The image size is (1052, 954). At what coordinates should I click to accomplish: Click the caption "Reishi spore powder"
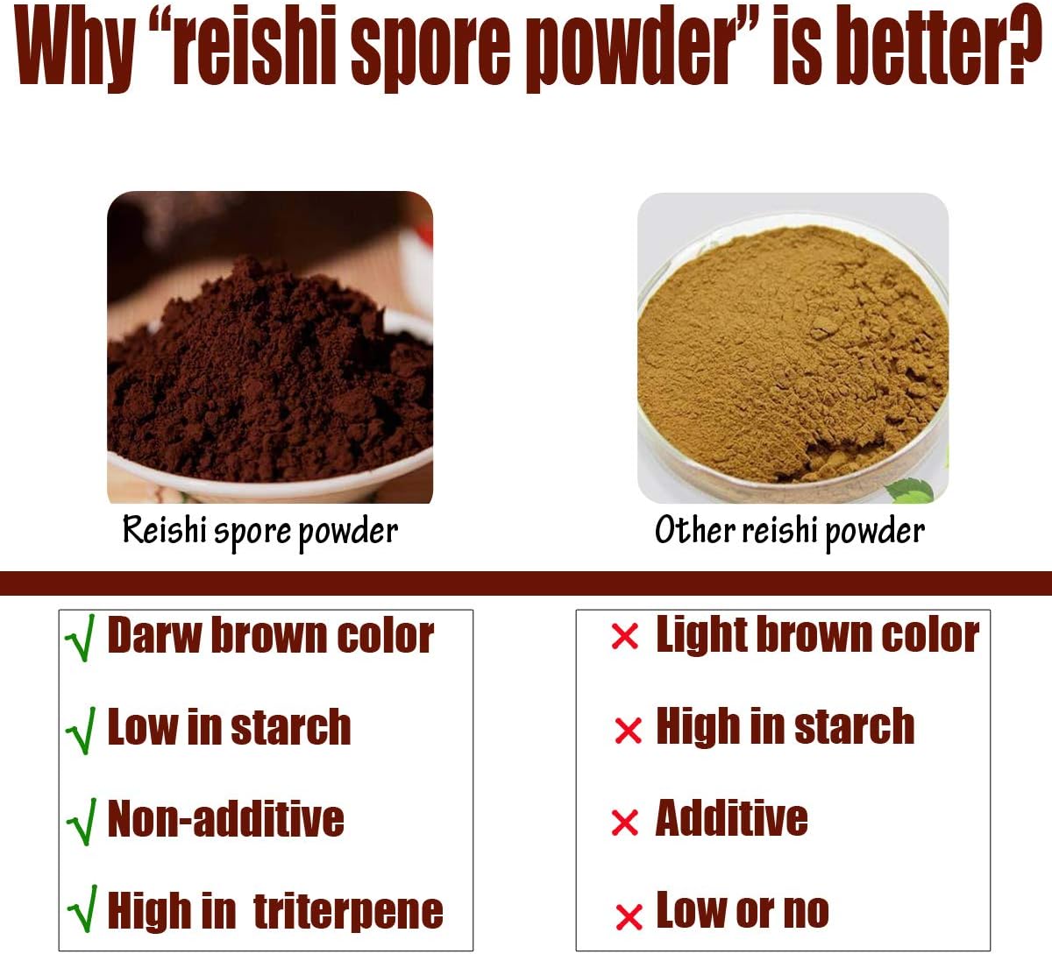(260, 531)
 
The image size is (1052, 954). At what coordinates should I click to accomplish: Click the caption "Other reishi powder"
(790, 531)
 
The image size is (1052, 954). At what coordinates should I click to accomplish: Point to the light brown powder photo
(793, 348)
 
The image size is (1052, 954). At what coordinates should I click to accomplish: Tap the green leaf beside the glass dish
(912, 490)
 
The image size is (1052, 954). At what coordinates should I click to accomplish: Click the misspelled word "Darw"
(153, 635)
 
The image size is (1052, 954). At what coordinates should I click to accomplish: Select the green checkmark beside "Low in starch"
(81, 731)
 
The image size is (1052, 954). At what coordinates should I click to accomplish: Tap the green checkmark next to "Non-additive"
(81, 823)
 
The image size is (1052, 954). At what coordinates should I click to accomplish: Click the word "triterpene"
(348, 912)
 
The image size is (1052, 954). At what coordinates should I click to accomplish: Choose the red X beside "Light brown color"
(624, 637)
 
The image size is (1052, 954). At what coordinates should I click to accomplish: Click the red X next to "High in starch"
(628, 730)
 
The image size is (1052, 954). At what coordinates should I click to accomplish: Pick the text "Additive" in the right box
(731, 818)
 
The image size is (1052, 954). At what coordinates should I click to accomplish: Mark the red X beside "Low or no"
(629, 916)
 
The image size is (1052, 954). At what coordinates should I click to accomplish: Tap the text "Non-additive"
(225, 819)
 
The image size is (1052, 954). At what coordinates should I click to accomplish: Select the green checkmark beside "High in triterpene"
(82, 913)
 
